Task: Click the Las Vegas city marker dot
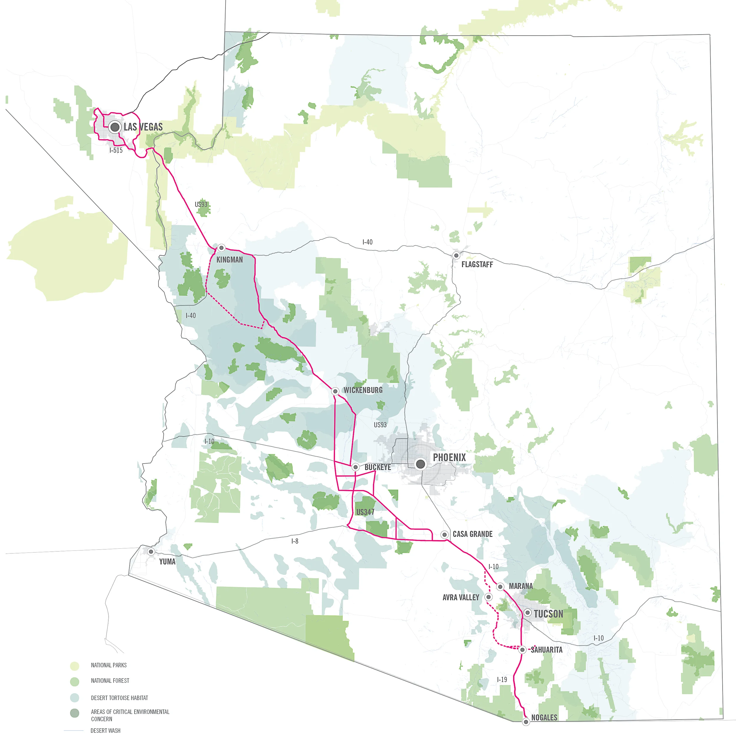[x=115, y=127]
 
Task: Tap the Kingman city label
[x=229, y=260]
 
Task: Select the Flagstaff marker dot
[x=456, y=255]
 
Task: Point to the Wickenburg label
[x=363, y=390]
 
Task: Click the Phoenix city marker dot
[x=420, y=464]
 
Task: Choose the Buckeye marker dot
[x=355, y=467]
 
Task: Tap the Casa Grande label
[x=472, y=534]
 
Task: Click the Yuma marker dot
[x=151, y=552]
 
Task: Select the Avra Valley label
[x=460, y=598]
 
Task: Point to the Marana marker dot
[x=500, y=587]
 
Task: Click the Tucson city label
[x=548, y=614]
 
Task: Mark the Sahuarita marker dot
[x=522, y=650]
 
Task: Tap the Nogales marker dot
[x=526, y=722]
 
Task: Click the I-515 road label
[x=116, y=150]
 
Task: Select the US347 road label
[x=365, y=512]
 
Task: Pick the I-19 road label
[x=502, y=679]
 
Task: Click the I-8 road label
[x=294, y=541]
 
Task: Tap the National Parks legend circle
[x=75, y=666]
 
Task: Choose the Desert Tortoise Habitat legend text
[x=119, y=698]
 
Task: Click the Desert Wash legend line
[x=74, y=731]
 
